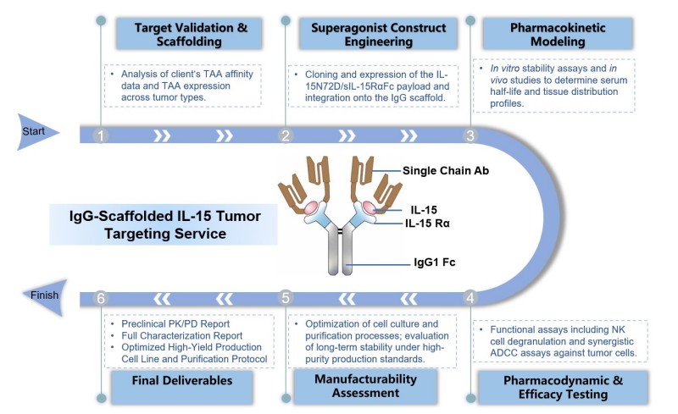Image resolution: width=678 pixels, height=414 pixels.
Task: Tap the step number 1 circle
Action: click(x=101, y=135)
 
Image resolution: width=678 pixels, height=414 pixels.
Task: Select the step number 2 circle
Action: click(x=286, y=135)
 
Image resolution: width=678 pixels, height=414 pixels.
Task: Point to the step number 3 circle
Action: click(x=470, y=135)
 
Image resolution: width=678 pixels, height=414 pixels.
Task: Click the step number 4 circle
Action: click(x=470, y=298)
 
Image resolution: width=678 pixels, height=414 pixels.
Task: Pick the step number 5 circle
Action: click(x=286, y=298)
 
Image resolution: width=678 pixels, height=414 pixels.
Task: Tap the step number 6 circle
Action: click(x=101, y=298)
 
